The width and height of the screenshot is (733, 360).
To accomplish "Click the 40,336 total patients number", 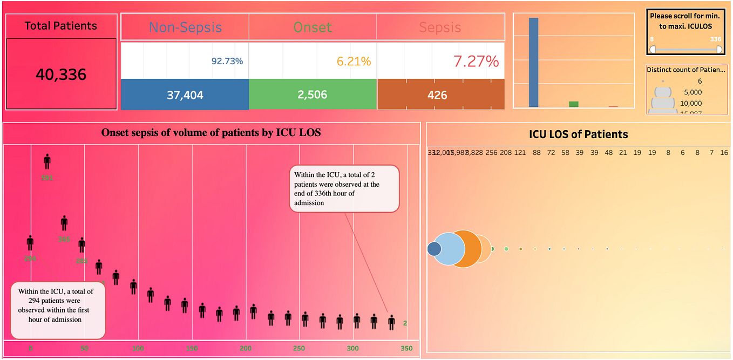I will (x=61, y=74).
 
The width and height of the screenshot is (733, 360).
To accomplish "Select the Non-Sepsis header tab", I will (x=185, y=27).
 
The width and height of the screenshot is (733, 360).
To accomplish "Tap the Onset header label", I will (x=313, y=27).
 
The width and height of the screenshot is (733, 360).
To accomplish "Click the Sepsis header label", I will (x=440, y=27).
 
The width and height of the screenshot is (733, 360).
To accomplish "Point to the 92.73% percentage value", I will (x=227, y=62).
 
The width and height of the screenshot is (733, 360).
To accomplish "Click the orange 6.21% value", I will (x=354, y=62).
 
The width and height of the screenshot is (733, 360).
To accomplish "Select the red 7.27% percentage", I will (x=476, y=62).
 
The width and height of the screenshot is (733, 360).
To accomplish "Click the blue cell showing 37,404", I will (x=185, y=95).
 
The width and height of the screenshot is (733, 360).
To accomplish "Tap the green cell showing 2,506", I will (x=313, y=95).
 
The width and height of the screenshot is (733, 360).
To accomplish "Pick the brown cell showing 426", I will (x=440, y=95).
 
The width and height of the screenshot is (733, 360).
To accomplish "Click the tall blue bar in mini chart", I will (x=533, y=62).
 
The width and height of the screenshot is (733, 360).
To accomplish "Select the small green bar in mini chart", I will (x=573, y=104).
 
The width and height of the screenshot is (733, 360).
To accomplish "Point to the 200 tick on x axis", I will (x=246, y=348).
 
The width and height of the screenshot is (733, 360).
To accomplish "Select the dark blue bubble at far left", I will (x=434, y=249).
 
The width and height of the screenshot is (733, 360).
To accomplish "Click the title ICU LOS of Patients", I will (x=579, y=134).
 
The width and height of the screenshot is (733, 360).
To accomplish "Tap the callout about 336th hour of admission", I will (x=344, y=189).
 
